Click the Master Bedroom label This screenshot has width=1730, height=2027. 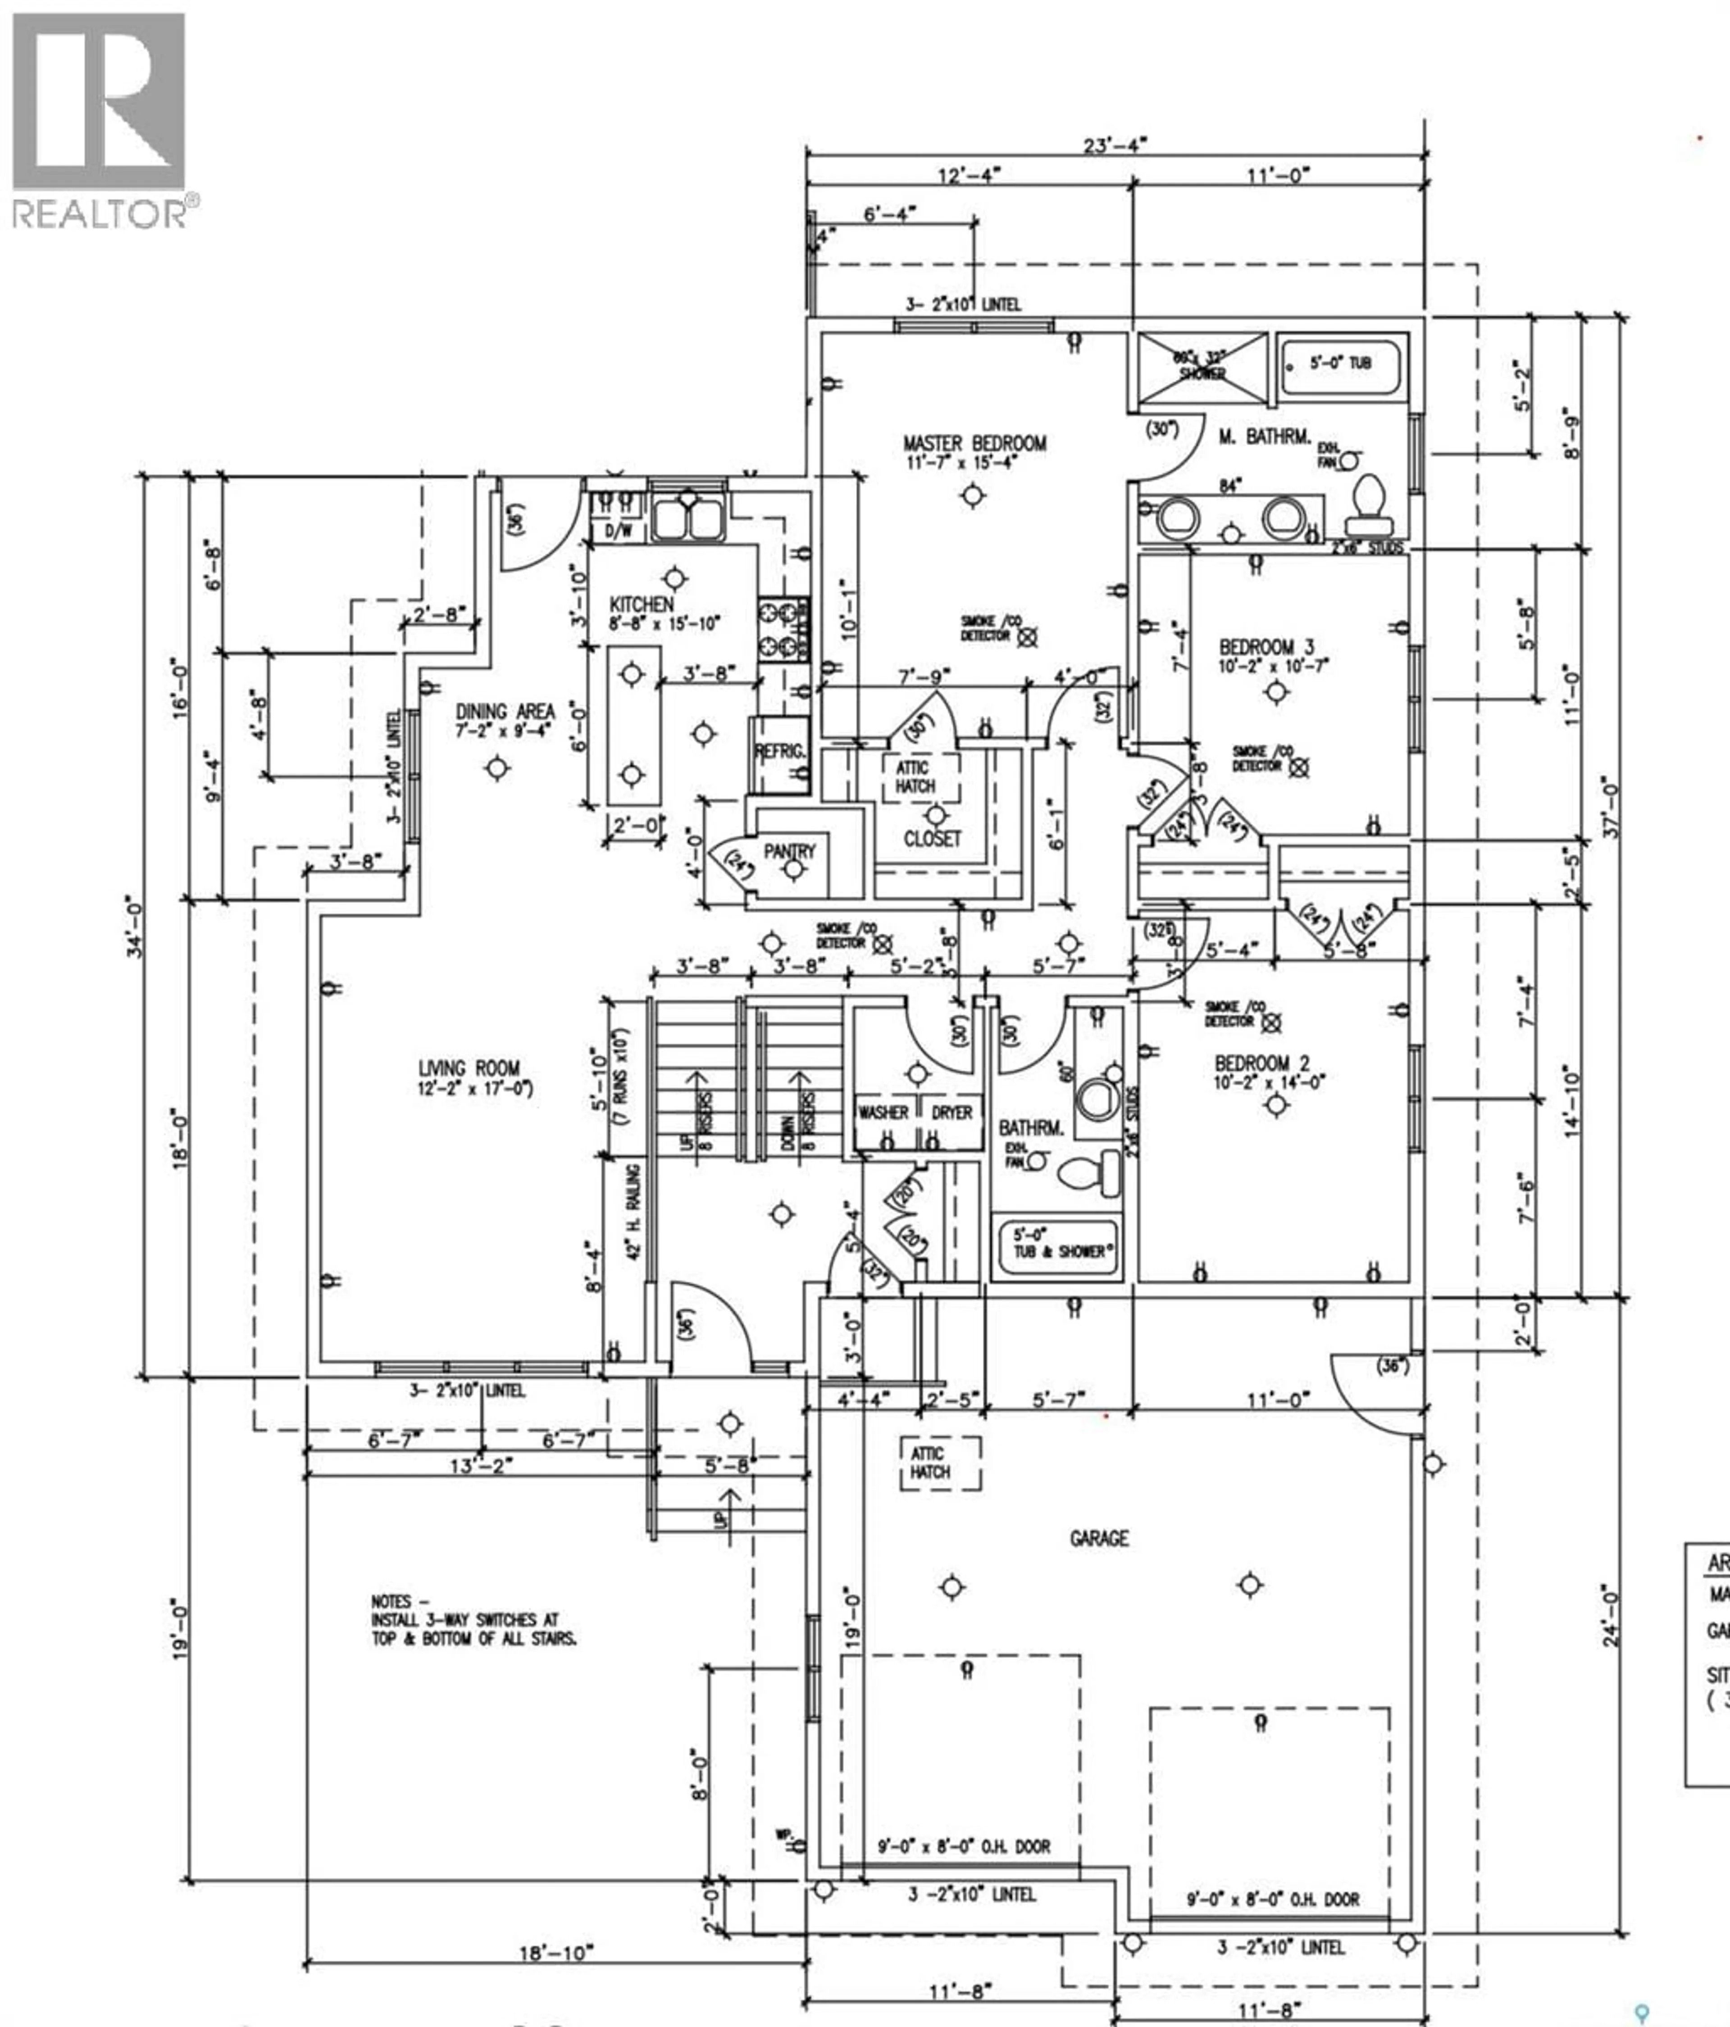pyautogui.click(x=974, y=443)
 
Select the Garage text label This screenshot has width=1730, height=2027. pyautogui.click(x=1099, y=1538)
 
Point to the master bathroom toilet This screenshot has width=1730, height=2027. pyautogui.click(x=1368, y=499)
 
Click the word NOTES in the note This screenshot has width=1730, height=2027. pyautogui.click(x=391, y=1601)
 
